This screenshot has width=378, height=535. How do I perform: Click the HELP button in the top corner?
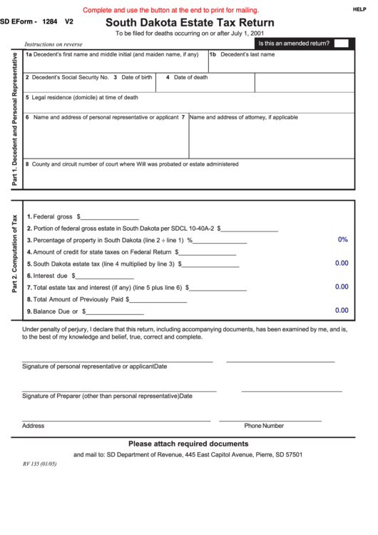[359, 9]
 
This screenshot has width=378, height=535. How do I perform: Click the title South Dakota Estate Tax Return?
[189, 22]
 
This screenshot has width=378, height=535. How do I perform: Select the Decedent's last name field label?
[247, 54]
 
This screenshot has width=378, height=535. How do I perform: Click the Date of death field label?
[190, 77]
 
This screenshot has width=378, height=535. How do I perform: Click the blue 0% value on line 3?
[342, 239]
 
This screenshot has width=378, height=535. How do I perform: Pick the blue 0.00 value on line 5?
[342, 263]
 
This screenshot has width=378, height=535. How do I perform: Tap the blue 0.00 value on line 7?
[342, 286]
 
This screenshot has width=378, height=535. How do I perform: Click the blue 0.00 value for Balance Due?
[342, 311]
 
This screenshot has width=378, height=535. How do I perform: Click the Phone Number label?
[264, 426]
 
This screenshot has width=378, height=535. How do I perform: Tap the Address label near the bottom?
[33, 426]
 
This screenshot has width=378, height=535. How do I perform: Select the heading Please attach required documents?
[188, 443]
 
